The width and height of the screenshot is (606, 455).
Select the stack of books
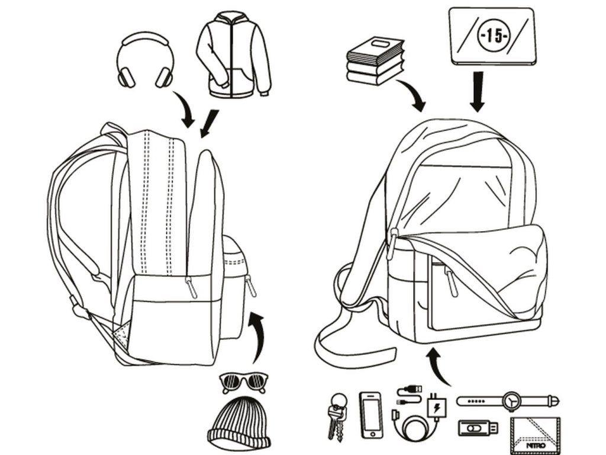(374, 60)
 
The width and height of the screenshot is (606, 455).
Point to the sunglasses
(243, 382)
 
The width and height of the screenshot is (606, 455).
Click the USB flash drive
(477, 427)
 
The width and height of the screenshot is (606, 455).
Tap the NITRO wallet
(533, 434)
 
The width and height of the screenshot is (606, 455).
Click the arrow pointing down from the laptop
(478, 91)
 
